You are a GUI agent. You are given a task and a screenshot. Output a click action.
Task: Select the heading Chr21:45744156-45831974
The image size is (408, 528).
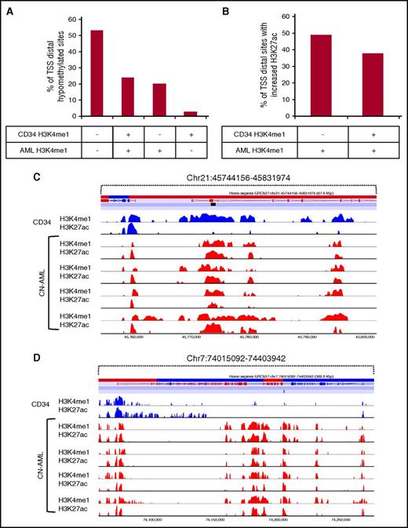(x=238, y=177)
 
